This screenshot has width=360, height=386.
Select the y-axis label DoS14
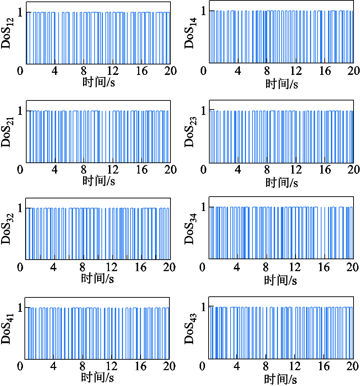click(x=190, y=33)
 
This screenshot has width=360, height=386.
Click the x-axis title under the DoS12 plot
click(x=99, y=82)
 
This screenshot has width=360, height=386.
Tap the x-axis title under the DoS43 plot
click(x=281, y=380)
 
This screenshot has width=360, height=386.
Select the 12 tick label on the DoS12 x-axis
click(x=113, y=71)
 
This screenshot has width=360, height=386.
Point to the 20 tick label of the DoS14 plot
click(x=354, y=71)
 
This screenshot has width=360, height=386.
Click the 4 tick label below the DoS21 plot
click(x=55, y=170)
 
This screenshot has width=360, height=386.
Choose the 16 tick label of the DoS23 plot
click(x=325, y=170)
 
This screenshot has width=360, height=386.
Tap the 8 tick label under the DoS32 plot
click(x=82, y=267)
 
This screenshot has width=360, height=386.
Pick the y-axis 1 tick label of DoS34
click(x=203, y=207)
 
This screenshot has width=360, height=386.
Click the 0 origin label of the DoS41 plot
click(x=20, y=366)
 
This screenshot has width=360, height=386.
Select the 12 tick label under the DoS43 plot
click(x=295, y=366)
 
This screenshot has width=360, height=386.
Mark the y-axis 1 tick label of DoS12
click(x=20, y=12)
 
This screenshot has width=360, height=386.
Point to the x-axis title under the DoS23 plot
click(x=282, y=183)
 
